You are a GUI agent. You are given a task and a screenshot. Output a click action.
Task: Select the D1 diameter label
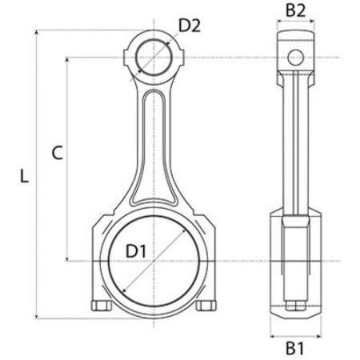coord(137,252)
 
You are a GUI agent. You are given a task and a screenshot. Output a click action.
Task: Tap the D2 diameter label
coord(189,26)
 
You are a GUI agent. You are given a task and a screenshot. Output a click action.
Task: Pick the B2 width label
coord(296,10)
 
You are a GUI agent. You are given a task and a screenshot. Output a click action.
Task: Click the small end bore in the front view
coord(156,58)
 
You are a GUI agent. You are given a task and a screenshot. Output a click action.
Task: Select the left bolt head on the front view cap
coord(101,306)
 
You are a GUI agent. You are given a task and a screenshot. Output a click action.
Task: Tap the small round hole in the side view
coord(296,57)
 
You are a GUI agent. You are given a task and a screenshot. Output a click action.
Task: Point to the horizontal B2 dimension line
coord(296,26)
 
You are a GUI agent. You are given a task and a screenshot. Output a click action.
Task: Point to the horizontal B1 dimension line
coord(295,334)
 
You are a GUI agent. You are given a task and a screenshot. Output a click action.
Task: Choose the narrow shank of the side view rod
coord(296,144)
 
